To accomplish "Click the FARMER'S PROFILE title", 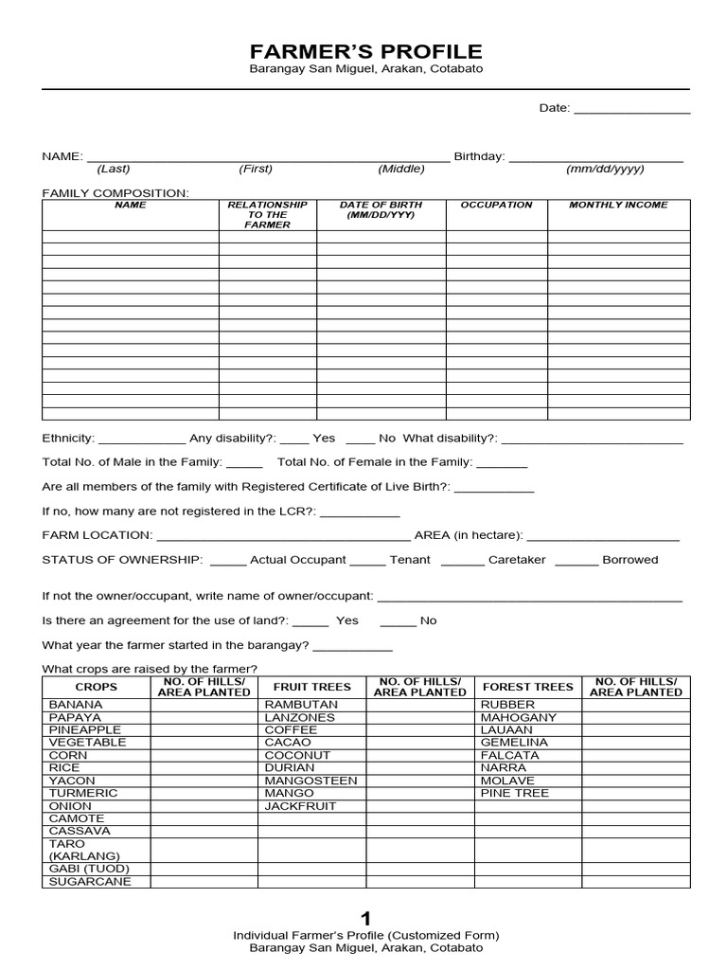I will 365,51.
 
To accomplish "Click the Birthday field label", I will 479,156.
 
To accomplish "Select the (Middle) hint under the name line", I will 401,170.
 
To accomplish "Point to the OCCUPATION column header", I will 496,205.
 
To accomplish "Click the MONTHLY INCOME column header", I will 618,205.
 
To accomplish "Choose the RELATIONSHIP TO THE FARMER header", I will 268,215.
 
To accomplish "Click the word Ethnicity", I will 68,439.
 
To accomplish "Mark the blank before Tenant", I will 367,561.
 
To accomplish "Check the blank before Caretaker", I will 462,561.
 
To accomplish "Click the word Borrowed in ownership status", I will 629,560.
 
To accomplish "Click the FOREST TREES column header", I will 527,687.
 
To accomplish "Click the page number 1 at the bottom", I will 365,918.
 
